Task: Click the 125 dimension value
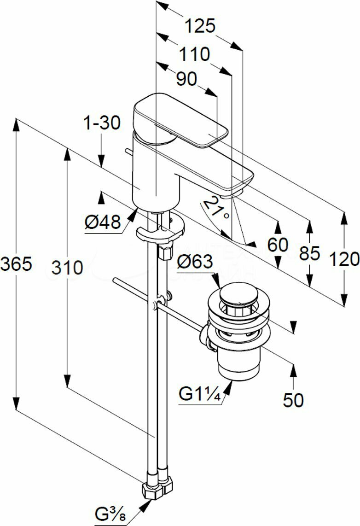(200, 26)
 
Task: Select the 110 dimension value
(194, 54)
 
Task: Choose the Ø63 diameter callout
(195, 262)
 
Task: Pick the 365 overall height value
(17, 265)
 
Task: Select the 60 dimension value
(278, 244)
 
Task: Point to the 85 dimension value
(308, 253)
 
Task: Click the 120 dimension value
(344, 259)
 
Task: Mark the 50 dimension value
(293, 400)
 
